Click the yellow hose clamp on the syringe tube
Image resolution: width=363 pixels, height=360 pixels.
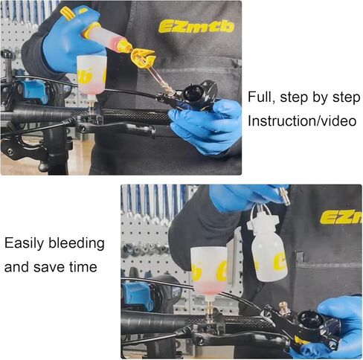[141, 57]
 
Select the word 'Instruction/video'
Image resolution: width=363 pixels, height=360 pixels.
[301, 120]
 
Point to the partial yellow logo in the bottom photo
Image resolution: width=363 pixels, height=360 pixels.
[341, 216]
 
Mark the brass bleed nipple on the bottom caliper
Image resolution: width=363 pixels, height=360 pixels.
[283, 307]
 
